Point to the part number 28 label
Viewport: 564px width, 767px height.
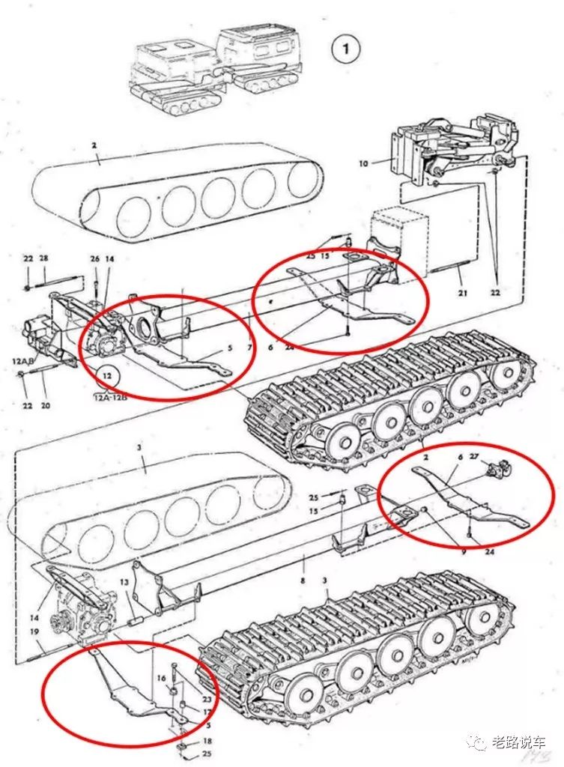click(43, 258)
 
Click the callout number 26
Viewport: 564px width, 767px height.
click(94, 259)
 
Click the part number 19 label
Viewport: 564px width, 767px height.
click(35, 632)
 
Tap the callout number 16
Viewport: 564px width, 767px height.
click(160, 677)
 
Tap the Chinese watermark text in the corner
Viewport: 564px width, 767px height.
click(518, 742)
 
